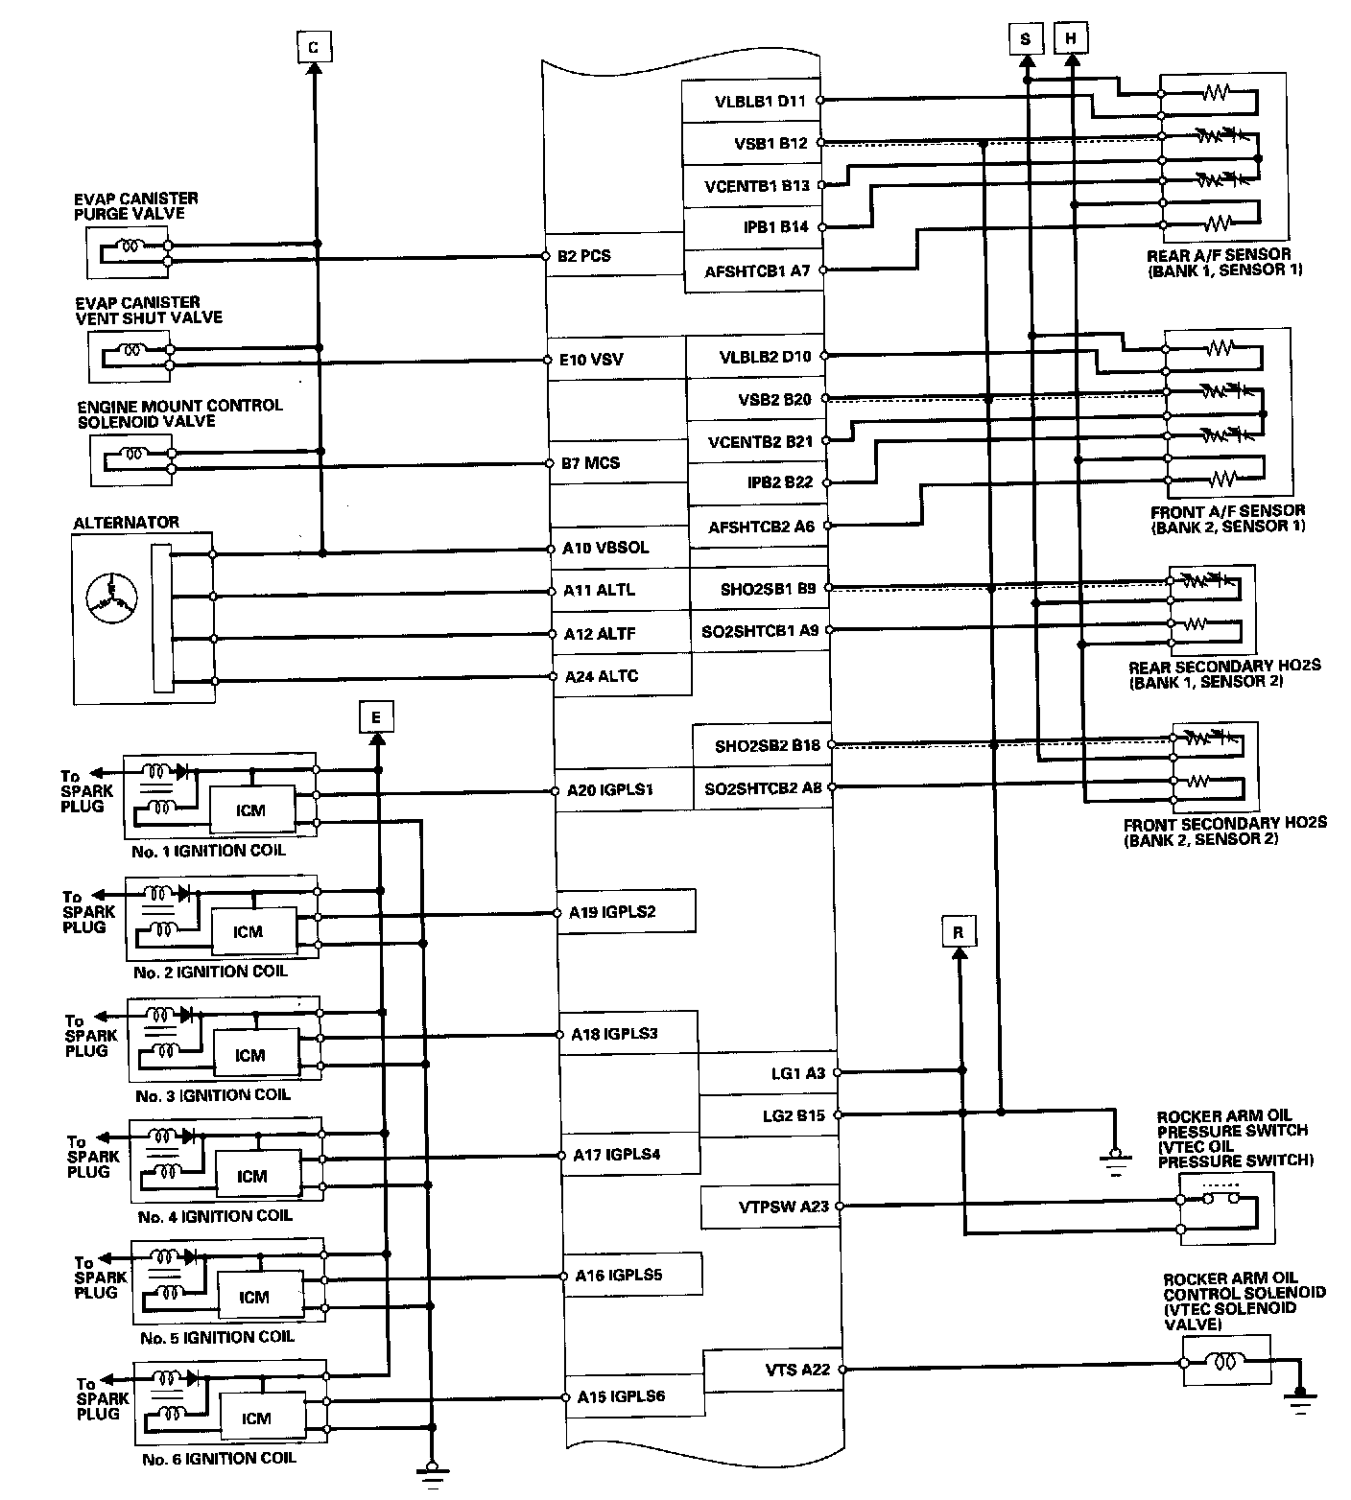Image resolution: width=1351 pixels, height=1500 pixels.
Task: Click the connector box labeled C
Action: point(314,47)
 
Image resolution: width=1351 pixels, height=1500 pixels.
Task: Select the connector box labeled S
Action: point(1026,39)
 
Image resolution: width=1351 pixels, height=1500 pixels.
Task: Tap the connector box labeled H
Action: point(1072,39)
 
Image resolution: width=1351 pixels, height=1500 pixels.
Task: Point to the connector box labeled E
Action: point(376,716)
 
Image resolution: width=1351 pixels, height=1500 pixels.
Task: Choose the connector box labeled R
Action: point(958,931)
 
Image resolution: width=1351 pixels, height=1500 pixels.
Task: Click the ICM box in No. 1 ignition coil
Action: point(250,810)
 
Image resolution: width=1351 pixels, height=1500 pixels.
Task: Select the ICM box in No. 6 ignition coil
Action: point(256,1418)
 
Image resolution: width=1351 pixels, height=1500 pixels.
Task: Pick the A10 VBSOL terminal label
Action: point(605,548)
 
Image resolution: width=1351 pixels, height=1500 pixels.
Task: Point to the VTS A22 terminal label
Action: point(792,1370)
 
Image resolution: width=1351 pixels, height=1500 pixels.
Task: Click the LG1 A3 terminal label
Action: point(797,1073)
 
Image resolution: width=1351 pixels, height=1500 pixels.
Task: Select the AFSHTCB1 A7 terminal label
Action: point(758,271)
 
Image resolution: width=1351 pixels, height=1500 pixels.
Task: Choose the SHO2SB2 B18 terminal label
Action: point(767,746)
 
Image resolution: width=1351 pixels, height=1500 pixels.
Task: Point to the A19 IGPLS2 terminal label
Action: point(612,912)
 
